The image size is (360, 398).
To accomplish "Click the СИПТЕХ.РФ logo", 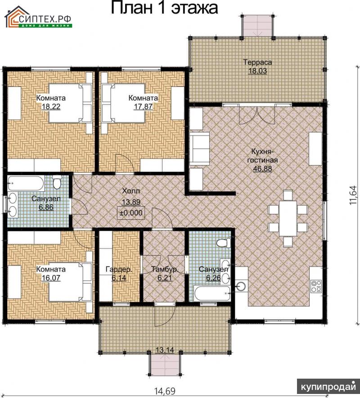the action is [x=38, y=17].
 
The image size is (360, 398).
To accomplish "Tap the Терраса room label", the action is [x=257, y=62].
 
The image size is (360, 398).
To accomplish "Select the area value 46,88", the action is [x=263, y=168].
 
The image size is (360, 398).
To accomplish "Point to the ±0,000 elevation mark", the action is [x=131, y=213].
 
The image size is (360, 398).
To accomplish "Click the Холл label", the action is [x=131, y=191].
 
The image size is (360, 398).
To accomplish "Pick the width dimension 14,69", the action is [x=165, y=391].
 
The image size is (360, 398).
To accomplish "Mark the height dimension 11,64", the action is [x=353, y=195].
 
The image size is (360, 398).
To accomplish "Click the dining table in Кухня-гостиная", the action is [x=288, y=218].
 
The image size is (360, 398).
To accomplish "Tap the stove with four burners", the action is [x=316, y=286].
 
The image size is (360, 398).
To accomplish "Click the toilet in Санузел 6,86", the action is [x=57, y=181].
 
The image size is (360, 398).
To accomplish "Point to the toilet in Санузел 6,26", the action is [x=224, y=243].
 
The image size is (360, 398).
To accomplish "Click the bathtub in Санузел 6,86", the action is [x=26, y=183].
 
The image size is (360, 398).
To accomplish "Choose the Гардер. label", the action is [x=119, y=269].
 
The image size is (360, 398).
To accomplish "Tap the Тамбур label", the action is [x=164, y=269].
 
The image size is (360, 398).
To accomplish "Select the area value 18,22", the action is [x=51, y=106].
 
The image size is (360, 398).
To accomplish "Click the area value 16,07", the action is [x=51, y=278].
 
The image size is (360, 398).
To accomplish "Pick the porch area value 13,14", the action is [x=165, y=350].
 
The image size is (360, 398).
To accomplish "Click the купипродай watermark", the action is [x=328, y=387].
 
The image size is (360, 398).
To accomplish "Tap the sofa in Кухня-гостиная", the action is [x=199, y=149].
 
